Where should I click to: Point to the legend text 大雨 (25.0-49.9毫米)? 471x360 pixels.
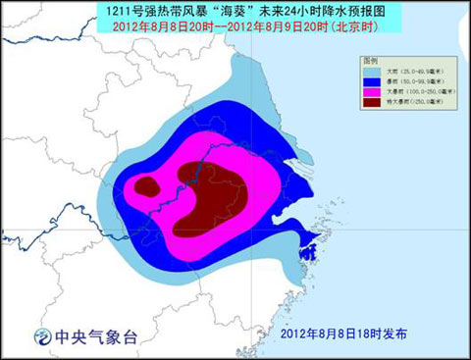click(416, 72)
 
